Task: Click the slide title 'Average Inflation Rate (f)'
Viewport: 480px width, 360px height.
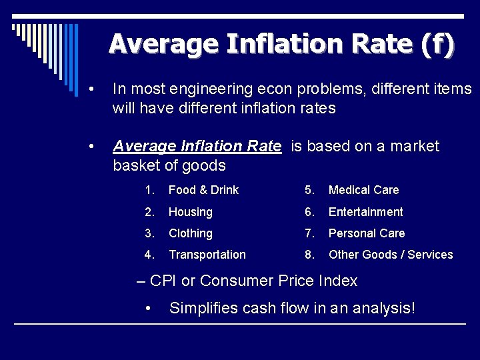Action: click(281, 44)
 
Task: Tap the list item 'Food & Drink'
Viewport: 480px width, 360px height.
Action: click(203, 190)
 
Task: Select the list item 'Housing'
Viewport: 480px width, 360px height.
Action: click(190, 212)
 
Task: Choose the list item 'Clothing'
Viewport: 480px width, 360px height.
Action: click(190, 233)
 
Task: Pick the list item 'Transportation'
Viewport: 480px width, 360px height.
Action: click(207, 255)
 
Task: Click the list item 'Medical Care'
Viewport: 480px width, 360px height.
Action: click(363, 190)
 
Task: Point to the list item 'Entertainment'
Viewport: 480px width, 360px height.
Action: click(365, 212)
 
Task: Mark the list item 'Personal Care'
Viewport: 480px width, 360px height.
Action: click(366, 233)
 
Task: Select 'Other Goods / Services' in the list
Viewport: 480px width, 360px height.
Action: click(391, 255)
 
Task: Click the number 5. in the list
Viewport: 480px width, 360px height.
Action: click(309, 190)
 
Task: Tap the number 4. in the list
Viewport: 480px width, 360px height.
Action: click(149, 255)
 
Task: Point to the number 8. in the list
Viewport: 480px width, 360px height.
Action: click(309, 255)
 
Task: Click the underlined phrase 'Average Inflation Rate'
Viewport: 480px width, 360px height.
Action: click(197, 147)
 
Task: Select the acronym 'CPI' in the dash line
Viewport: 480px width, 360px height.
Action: click(163, 281)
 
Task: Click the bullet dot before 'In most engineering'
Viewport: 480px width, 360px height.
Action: click(98, 89)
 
